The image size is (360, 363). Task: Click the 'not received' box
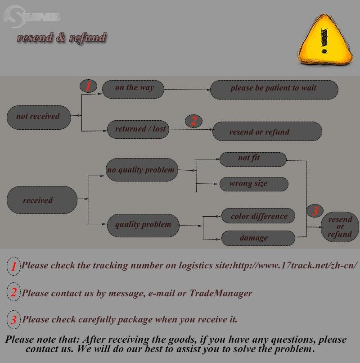pyautogui.click(x=39, y=117)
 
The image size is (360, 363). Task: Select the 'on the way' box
pyautogui.click(x=133, y=89)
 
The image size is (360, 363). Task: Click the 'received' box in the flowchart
pyautogui.click(x=42, y=200)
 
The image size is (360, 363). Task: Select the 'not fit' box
pyautogui.click(x=252, y=159)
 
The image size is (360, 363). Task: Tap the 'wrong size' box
pyautogui.click(x=253, y=184)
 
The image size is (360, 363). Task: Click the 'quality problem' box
pyautogui.click(x=143, y=225)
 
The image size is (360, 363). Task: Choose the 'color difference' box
pyautogui.click(x=258, y=216)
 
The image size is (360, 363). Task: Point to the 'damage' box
pyautogui.click(x=258, y=238)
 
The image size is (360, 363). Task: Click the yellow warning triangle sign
pyautogui.click(x=324, y=40)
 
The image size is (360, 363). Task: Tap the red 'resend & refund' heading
pyautogui.click(x=62, y=37)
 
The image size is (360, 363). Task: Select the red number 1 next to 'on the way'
pyautogui.click(x=88, y=86)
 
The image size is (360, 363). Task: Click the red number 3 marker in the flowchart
pyautogui.click(x=315, y=210)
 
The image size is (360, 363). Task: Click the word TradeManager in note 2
pyautogui.click(x=220, y=293)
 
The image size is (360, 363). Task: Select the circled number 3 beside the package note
pyautogui.click(x=13, y=320)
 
